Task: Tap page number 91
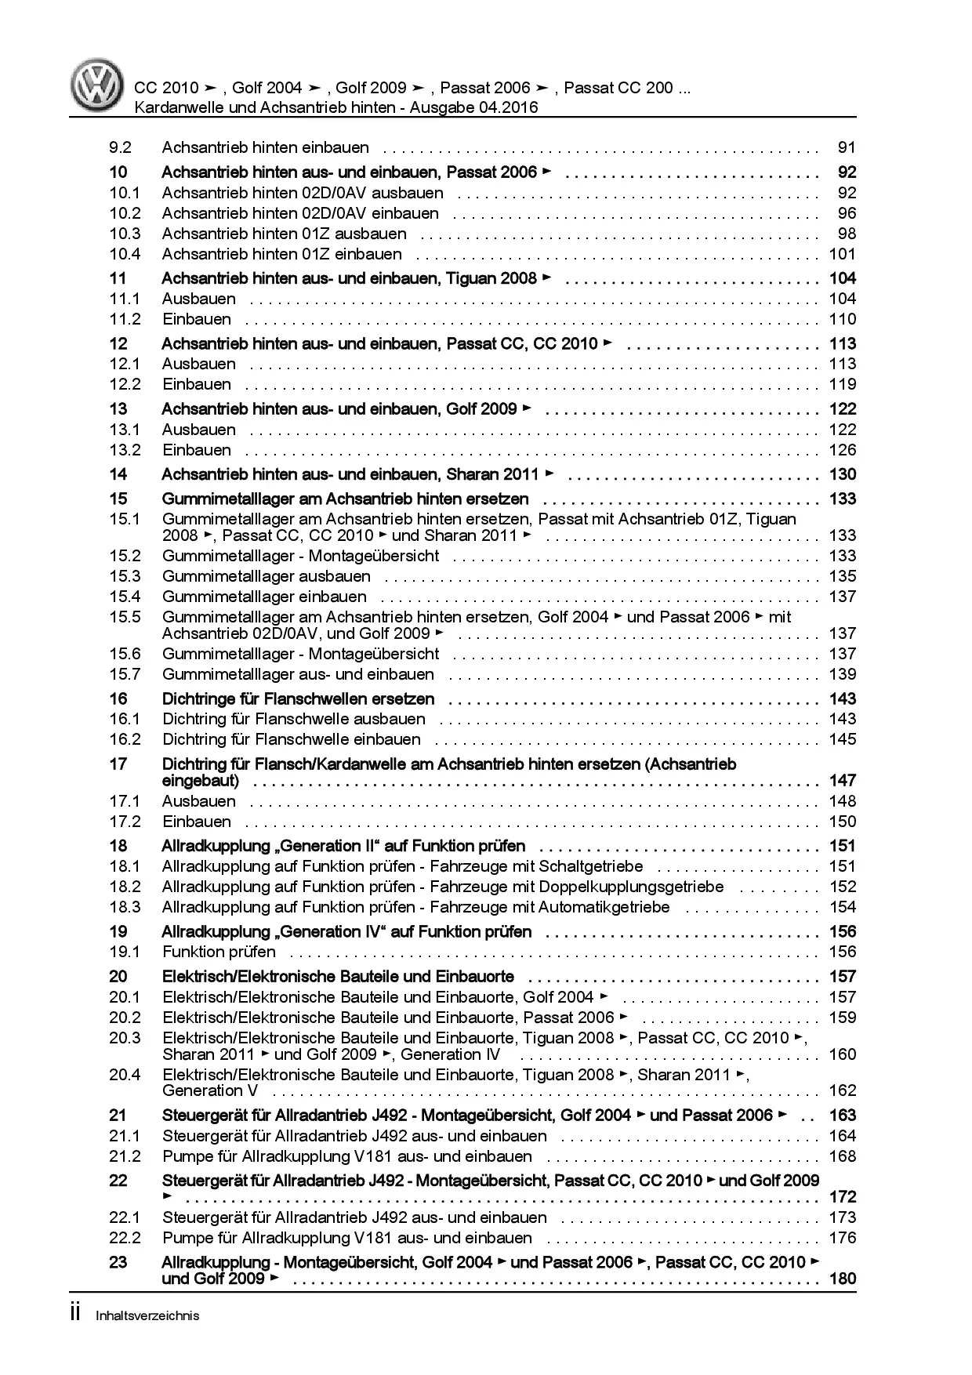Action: (847, 147)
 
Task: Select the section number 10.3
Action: (125, 234)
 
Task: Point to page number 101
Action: (843, 254)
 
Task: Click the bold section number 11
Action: (118, 278)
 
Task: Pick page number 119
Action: (843, 384)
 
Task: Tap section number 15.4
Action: (125, 597)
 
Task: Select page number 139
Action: (843, 674)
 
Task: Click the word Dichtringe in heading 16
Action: (198, 699)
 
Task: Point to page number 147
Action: (843, 781)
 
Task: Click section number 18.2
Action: (125, 887)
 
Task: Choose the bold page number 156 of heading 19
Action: (843, 932)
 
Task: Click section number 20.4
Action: (125, 1075)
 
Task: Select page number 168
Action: (843, 1156)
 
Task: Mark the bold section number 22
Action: (118, 1181)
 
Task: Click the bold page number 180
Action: (843, 1279)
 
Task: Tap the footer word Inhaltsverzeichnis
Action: (147, 1315)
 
